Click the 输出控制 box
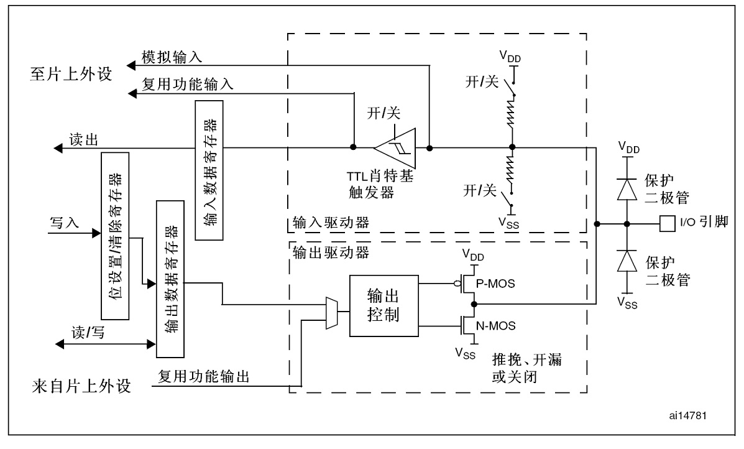click(384, 306)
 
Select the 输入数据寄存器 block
click(209, 170)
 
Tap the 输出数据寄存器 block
click(170, 279)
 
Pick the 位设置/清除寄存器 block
click(116, 236)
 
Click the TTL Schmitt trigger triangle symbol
click(395, 147)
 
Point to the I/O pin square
click(668, 223)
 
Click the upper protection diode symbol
click(627, 189)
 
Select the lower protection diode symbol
click(627, 261)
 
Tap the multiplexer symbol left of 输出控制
click(331, 313)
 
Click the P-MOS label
click(495, 284)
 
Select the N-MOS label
click(496, 326)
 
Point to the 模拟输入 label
click(172, 57)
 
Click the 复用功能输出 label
click(204, 376)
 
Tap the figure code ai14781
click(688, 415)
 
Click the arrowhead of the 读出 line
click(57, 149)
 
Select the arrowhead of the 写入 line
click(96, 233)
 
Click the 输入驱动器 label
click(331, 222)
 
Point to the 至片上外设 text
click(71, 74)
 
